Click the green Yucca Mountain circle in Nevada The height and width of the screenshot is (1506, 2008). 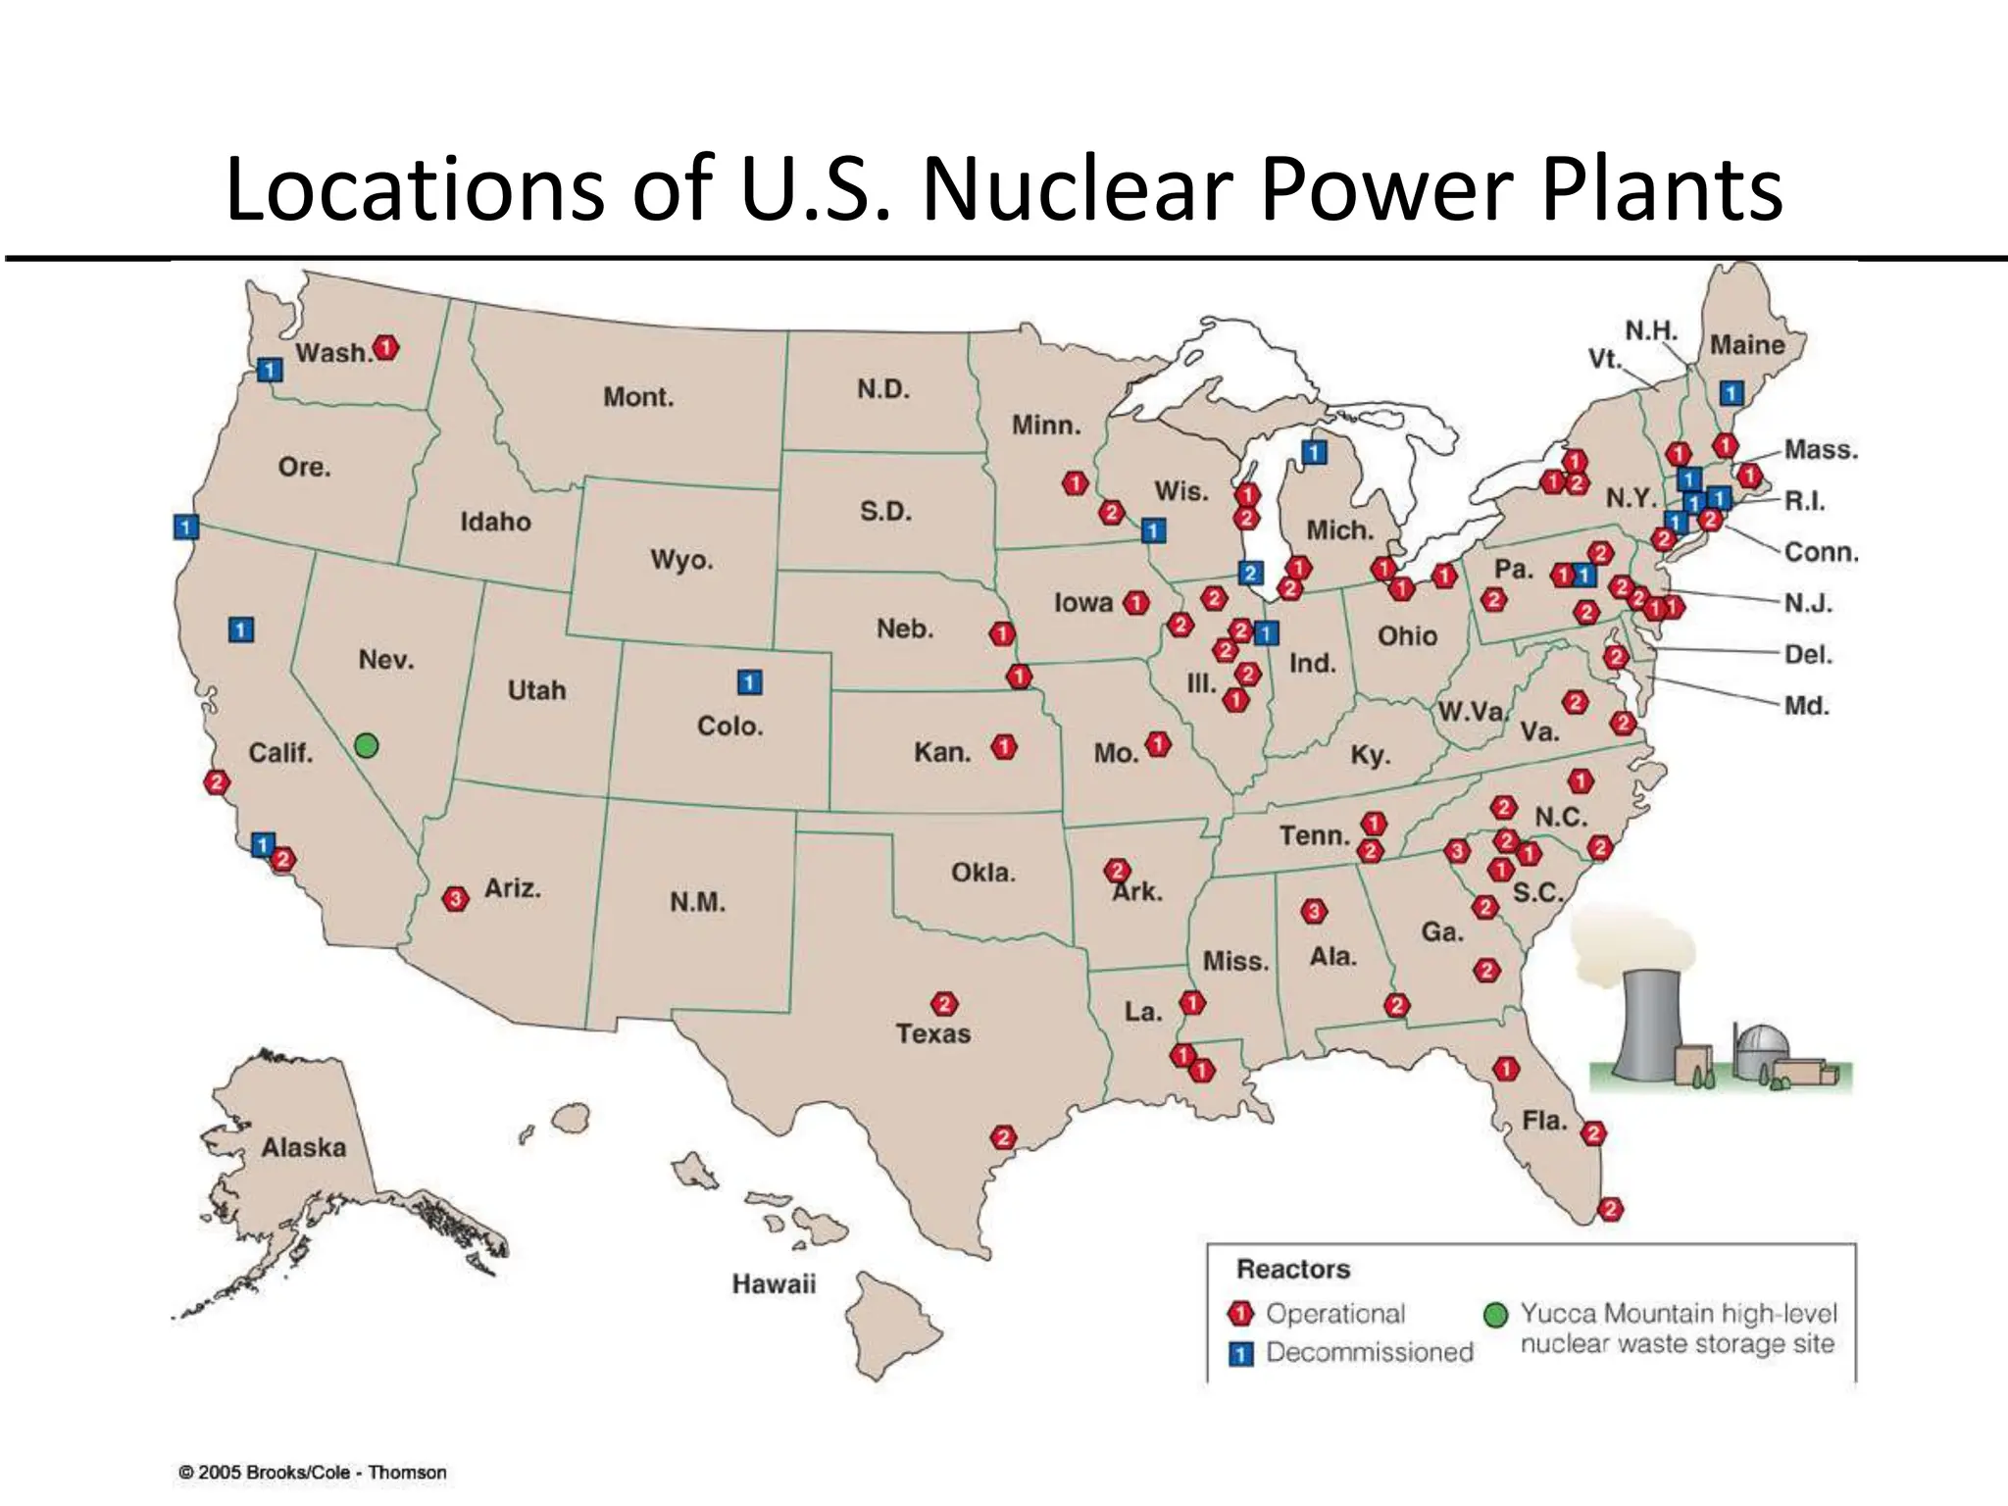(x=366, y=745)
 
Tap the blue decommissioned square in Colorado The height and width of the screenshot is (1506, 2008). (x=749, y=681)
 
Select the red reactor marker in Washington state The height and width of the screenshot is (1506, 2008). (x=386, y=348)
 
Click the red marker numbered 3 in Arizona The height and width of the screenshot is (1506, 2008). (x=455, y=898)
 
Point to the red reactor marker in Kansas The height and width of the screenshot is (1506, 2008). (x=1003, y=748)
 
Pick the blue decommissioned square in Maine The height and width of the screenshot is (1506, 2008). (x=1732, y=393)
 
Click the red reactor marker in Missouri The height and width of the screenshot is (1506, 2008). (x=1158, y=745)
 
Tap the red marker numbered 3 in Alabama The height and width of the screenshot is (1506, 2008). (x=1314, y=911)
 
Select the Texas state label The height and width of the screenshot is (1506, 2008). (x=932, y=1033)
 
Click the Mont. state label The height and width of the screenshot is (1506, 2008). (x=638, y=397)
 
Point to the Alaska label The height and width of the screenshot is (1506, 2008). (x=303, y=1147)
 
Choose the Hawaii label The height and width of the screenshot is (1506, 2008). (x=774, y=1283)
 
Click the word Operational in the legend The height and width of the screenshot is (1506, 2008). (x=1335, y=1314)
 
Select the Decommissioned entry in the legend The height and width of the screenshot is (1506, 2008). (x=1369, y=1352)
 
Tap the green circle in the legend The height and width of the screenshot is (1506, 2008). (x=1495, y=1315)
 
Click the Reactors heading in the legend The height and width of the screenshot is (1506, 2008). (x=1293, y=1270)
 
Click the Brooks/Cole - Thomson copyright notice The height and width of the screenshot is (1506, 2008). (x=312, y=1473)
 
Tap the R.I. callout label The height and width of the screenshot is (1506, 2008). (x=1805, y=501)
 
